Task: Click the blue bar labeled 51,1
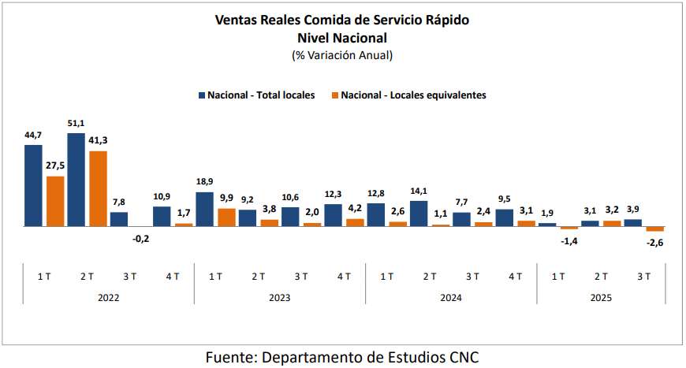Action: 76,180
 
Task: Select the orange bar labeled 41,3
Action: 98,188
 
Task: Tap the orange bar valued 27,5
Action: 55,201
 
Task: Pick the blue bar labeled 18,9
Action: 204,209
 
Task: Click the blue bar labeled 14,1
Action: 419,214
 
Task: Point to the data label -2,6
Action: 655,243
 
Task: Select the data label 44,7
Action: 33,136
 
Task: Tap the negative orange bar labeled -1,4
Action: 569,228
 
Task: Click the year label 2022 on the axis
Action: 109,298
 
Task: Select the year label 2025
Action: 601,298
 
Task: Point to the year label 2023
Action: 279,298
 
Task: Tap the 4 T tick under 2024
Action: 515,276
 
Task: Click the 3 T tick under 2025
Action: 643,276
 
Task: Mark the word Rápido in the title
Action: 447,20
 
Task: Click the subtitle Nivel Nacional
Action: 342,37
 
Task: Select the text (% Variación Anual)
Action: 342,55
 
